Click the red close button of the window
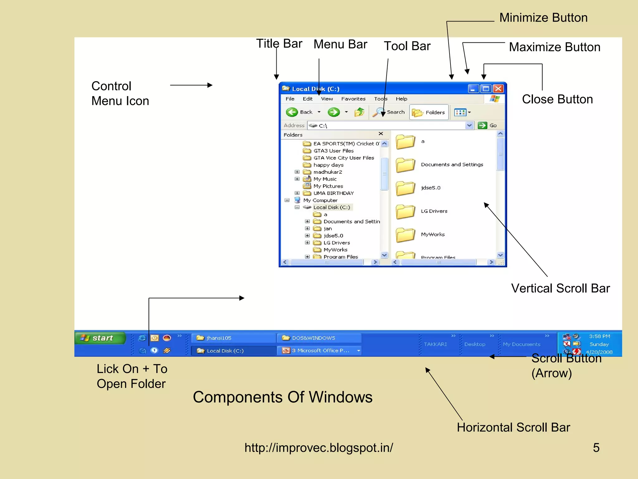[x=498, y=89]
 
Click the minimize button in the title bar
[x=473, y=89]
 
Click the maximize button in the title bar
[x=486, y=89]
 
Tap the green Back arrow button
[x=292, y=112]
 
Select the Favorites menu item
[x=353, y=99]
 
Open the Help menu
[x=401, y=99]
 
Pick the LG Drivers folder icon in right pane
[x=405, y=212]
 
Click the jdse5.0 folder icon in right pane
[x=405, y=188]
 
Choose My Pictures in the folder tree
[x=328, y=186]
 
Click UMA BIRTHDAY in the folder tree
[x=333, y=193]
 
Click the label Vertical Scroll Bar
[x=560, y=288]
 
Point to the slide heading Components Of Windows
[x=283, y=397]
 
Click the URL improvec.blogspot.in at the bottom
[x=318, y=448]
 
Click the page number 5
[x=596, y=448]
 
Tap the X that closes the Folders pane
[x=381, y=134]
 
